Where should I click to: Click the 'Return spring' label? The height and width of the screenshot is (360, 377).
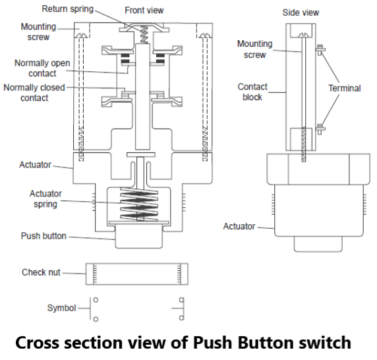click(x=67, y=9)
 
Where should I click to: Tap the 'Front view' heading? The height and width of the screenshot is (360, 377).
click(x=144, y=11)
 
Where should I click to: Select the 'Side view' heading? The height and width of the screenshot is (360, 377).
click(x=300, y=13)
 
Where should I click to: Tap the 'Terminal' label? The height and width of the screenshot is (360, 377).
click(x=345, y=88)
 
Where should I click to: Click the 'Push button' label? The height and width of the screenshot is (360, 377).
click(x=44, y=236)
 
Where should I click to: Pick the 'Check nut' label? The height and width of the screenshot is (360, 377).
click(x=42, y=272)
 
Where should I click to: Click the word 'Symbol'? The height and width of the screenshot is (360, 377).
click(x=61, y=308)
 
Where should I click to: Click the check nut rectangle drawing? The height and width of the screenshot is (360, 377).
click(x=136, y=272)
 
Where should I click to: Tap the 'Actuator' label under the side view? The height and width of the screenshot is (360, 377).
click(x=239, y=226)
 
